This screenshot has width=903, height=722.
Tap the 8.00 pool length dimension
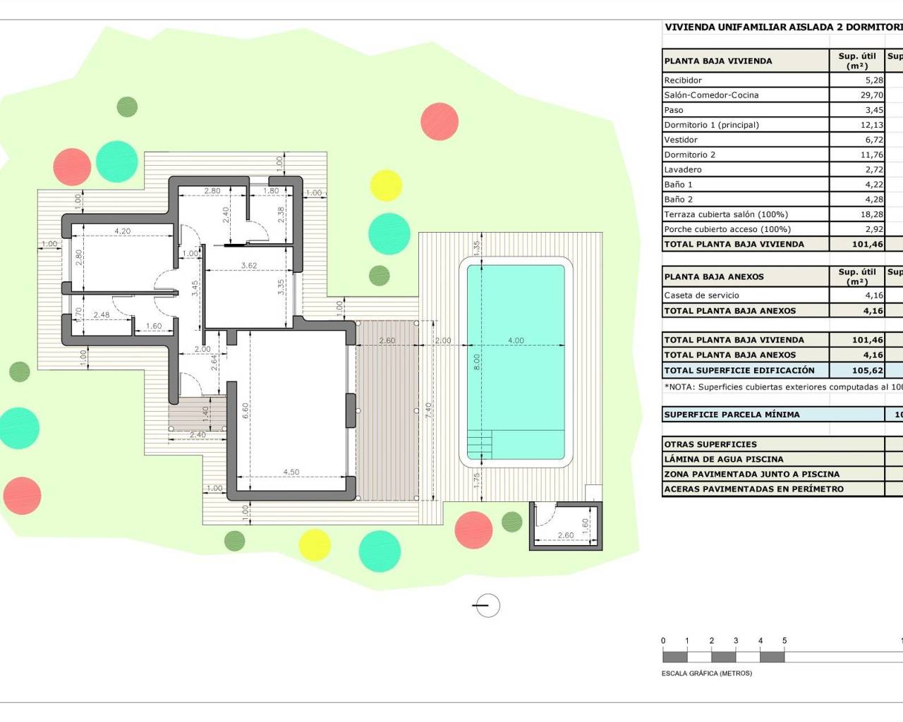tap(476, 362)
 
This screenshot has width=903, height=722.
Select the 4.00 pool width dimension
tap(516, 341)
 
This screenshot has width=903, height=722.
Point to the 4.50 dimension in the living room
tap(291, 472)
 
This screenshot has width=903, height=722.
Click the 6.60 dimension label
tap(245, 411)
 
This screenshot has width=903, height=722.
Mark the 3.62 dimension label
tap(248, 266)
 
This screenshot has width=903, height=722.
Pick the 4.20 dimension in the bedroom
tap(122, 231)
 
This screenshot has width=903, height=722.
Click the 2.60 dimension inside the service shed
tap(565, 535)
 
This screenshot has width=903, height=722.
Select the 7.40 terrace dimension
tap(428, 411)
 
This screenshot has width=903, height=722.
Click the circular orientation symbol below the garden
tap(487, 606)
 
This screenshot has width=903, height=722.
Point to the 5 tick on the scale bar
tap(784, 641)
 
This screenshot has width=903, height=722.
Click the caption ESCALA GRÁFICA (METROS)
tap(706, 673)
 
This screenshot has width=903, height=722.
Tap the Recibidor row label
tap(683, 80)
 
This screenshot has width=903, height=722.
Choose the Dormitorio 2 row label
tap(689, 155)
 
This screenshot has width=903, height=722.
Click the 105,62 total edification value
tap(867, 370)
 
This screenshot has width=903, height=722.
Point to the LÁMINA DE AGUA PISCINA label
tap(723, 459)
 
